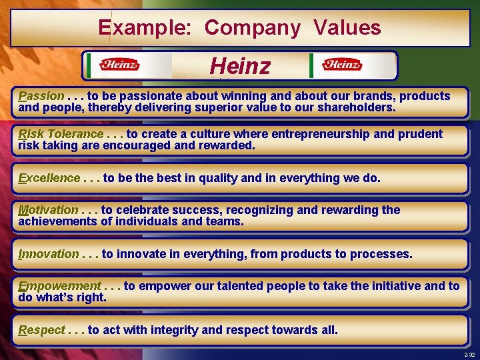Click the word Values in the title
click(347, 28)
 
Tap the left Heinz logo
click(119, 65)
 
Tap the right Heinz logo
click(341, 65)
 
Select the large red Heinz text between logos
click(240, 66)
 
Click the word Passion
click(41, 96)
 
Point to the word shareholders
click(356, 107)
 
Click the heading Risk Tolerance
click(61, 134)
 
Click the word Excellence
click(49, 178)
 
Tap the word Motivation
click(48, 210)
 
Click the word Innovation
click(48, 254)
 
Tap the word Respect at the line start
click(41, 330)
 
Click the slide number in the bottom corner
click(470, 355)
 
